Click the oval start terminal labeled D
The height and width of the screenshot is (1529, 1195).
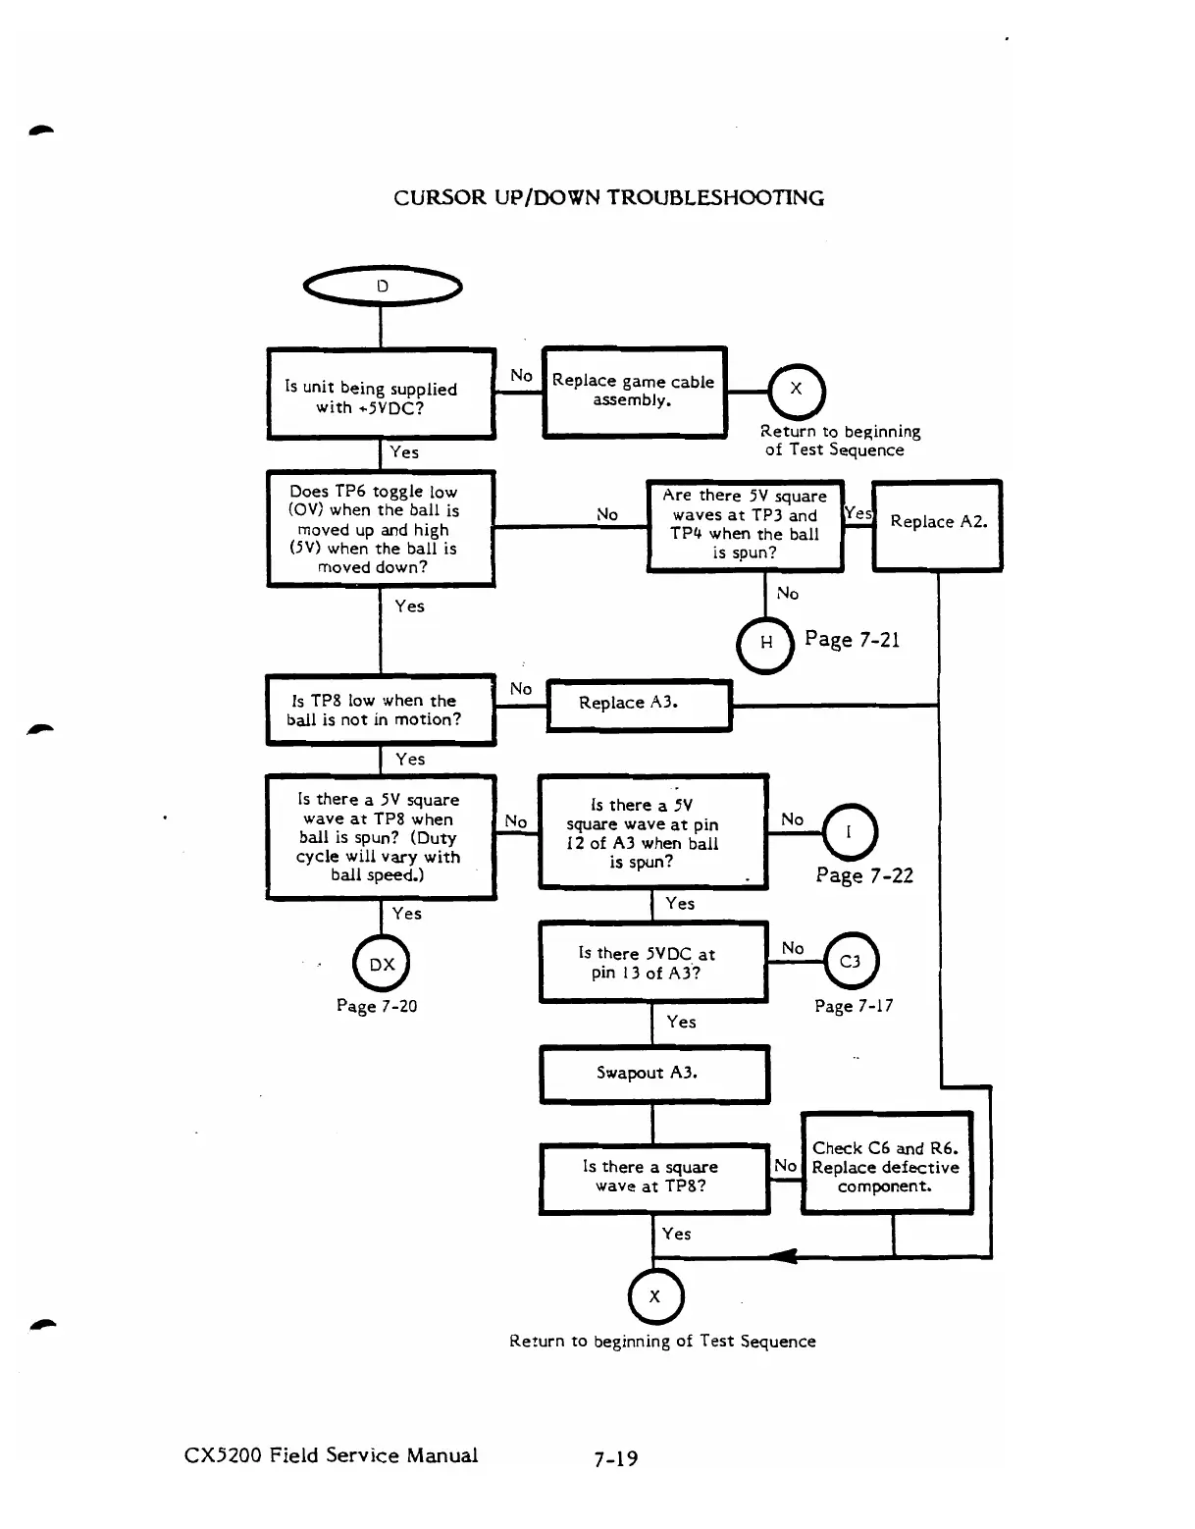pos(382,287)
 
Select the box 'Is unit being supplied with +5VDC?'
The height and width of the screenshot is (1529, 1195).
pos(381,395)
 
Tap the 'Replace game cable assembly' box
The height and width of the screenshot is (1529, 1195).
pos(634,392)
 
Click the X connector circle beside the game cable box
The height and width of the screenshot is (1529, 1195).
pos(797,390)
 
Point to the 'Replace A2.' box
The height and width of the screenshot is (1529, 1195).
pos(937,524)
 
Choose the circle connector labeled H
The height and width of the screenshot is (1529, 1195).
pos(765,643)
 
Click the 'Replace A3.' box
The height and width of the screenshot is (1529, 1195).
pos(639,705)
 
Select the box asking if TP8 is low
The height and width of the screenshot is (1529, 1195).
pos(381,710)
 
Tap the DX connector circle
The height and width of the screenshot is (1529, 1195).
pos(382,965)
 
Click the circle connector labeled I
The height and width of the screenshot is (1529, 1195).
pos(849,832)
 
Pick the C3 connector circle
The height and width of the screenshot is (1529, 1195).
pos(851,962)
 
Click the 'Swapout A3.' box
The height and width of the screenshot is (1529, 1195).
pos(654,1074)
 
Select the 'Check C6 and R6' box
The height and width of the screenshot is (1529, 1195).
pos(886,1165)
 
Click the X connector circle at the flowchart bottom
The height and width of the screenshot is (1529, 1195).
pos(654,1296)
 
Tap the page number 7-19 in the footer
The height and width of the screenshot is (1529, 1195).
pos(615,1458)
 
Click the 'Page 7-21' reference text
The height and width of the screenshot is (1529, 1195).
pos(852,640)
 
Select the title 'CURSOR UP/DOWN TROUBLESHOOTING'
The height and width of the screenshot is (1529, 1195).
pos(608,197)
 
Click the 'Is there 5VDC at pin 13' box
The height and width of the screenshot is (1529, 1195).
pos(652,963)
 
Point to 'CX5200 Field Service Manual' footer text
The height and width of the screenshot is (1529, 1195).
pos(332,1455)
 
